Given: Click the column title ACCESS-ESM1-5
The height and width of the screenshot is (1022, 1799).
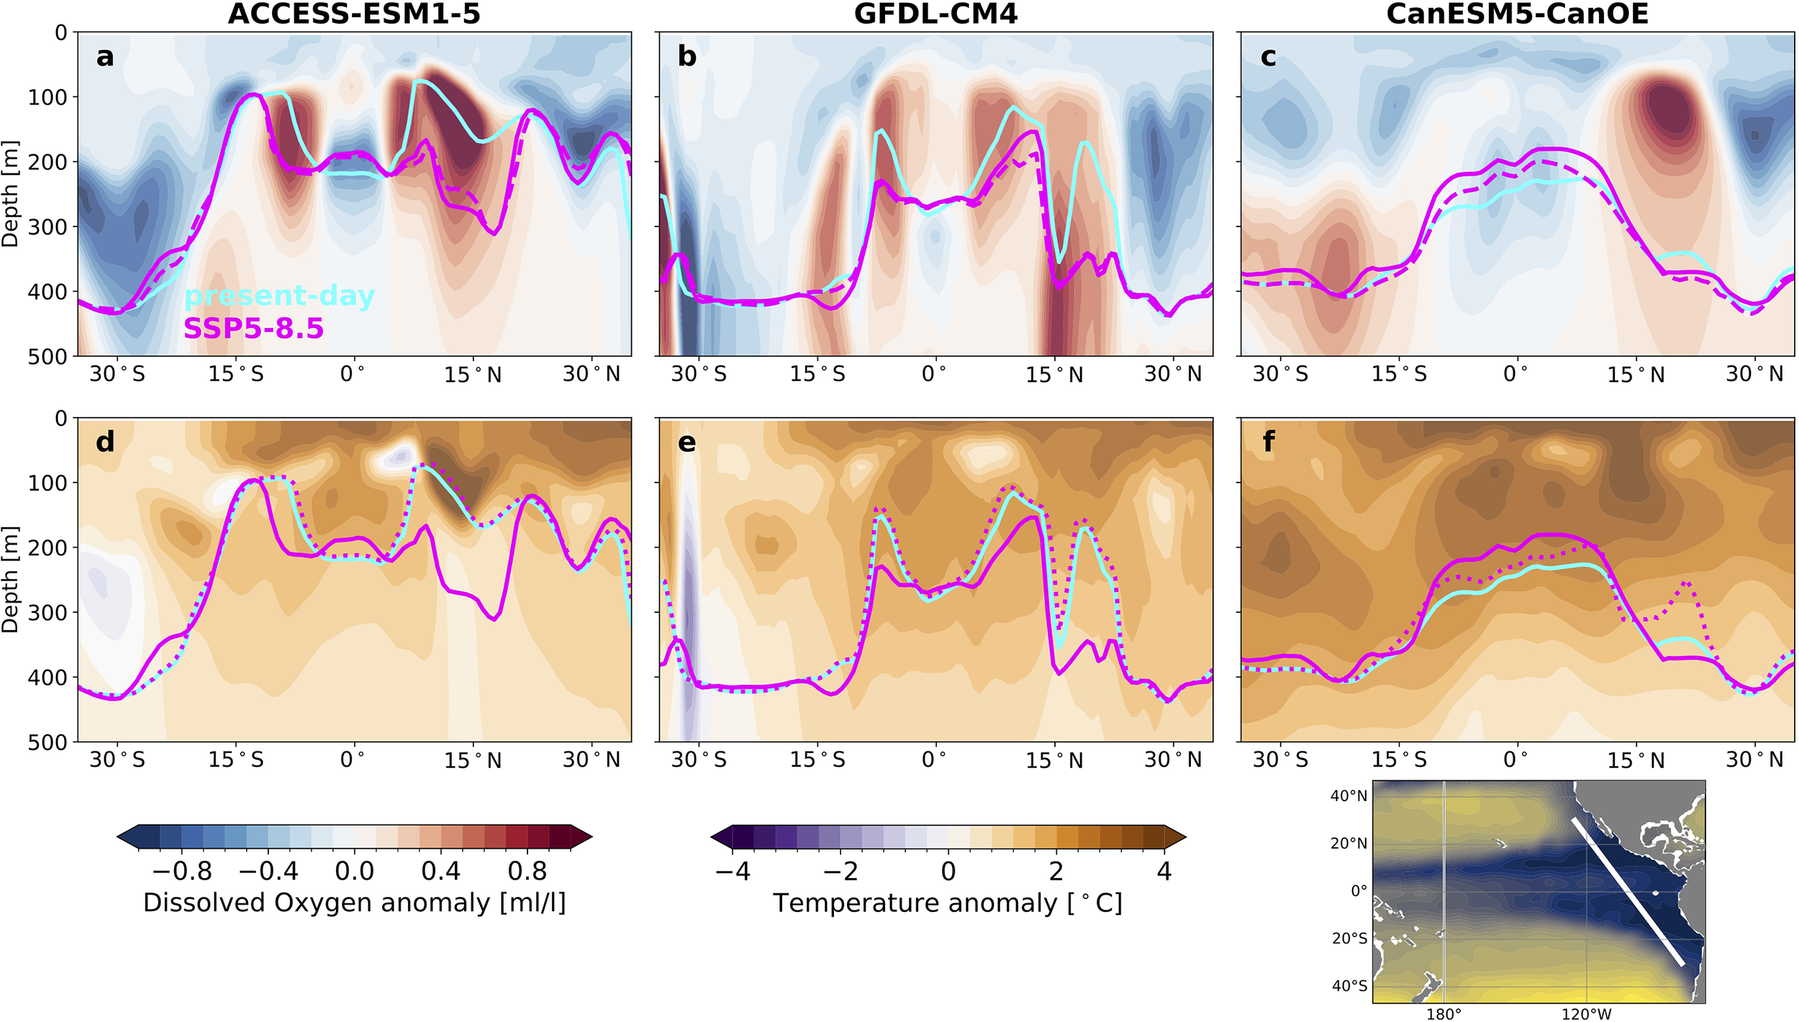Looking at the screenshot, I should pos(353,14).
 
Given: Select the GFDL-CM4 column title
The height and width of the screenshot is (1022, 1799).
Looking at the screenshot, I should pos(935,14).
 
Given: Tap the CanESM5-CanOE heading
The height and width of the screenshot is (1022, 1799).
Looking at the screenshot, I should pos(1517,14).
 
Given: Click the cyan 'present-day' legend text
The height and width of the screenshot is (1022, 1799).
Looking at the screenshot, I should pos(279,296).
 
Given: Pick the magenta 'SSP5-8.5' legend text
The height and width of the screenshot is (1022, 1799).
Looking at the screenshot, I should pos(253,329).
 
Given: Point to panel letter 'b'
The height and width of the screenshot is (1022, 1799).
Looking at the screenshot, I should pos(686,56).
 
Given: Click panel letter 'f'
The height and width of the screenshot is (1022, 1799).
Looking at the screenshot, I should pos(1268,442).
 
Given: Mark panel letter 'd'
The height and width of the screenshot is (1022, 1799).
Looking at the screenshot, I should pos(105,442).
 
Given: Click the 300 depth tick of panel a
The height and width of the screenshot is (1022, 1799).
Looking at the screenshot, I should pos(47,227).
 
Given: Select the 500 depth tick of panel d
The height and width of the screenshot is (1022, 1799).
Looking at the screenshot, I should pos(47,742).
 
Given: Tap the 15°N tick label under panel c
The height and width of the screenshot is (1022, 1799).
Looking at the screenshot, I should pos(1636,375).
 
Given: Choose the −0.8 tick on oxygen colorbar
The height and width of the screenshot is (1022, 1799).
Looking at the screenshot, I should pos(182,872).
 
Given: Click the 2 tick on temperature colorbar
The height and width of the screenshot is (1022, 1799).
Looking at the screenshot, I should pos(1056,872).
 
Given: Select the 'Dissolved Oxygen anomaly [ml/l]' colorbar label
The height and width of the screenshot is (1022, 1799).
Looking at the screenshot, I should pos(354,903).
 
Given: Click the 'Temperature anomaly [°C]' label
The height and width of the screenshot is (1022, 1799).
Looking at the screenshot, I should pos(947,903).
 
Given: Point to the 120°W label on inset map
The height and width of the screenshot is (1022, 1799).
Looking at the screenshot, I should pos(1586,1014).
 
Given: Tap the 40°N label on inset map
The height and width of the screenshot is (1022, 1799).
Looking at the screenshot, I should pos(1349,795).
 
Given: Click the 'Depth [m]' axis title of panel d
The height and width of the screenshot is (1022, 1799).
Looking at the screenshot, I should pos(10,580).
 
